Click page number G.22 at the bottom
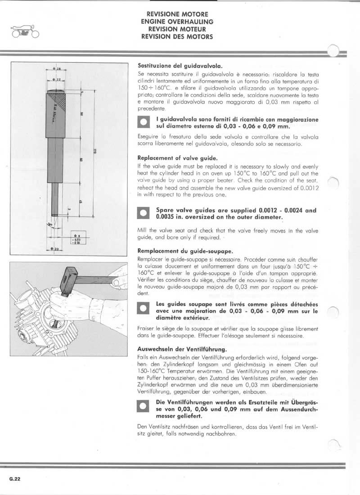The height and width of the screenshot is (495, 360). click(14, 479)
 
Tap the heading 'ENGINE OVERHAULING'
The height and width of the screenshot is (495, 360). click(177, 21)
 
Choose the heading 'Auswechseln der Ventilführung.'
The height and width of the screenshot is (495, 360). click(181, 349)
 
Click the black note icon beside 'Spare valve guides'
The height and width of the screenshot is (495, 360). click(143, 213)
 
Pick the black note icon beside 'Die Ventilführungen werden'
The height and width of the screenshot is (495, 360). click(143, 405)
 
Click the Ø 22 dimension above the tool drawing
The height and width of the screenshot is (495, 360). click(56, 79)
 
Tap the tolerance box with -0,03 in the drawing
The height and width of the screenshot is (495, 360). click(76, 239)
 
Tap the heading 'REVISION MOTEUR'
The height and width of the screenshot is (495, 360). click(177, 29)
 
